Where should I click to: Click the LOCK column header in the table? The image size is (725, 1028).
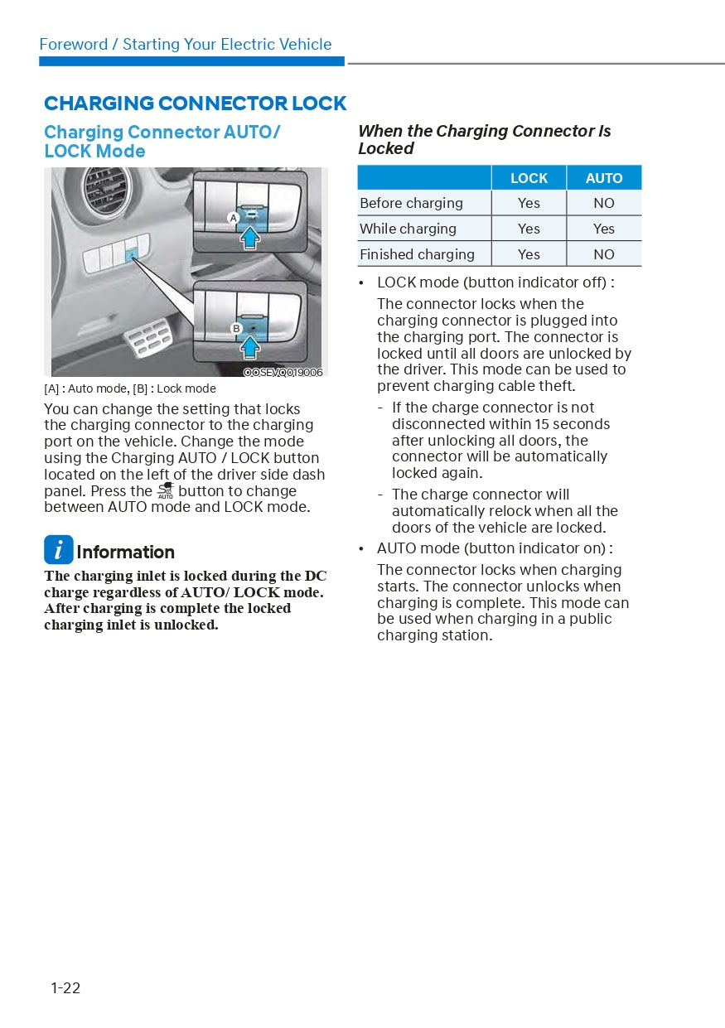tap(529, 178)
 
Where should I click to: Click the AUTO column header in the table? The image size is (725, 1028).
tap(604, 178)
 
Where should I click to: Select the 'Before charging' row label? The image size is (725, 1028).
tap(412, 203)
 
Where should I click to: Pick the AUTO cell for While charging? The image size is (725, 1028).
tap(604, 229)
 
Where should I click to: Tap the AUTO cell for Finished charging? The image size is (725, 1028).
tap(604, 254)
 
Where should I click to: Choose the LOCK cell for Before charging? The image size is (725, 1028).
tap(529, 203)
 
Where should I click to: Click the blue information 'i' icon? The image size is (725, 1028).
tap(58, 550)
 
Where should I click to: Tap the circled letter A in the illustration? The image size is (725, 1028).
tap(234, 217)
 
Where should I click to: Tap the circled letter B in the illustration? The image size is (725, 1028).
tap(236, 329)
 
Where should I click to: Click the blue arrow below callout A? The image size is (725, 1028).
tap(250, 238)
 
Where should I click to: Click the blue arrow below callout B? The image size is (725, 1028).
tap(250, 348)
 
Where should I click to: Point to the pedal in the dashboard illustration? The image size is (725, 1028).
tap(148, 340)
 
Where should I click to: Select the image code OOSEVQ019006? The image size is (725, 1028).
tap(283, 373)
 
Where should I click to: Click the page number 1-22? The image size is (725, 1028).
tap(65, 987)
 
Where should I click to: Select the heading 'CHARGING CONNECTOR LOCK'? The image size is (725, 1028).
tap(195, 104)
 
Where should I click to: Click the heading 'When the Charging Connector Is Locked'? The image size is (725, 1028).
tap(484, 140)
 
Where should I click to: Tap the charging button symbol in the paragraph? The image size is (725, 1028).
tap(166, 490)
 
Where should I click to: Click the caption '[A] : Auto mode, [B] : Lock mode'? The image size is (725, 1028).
tap(130, 389)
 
